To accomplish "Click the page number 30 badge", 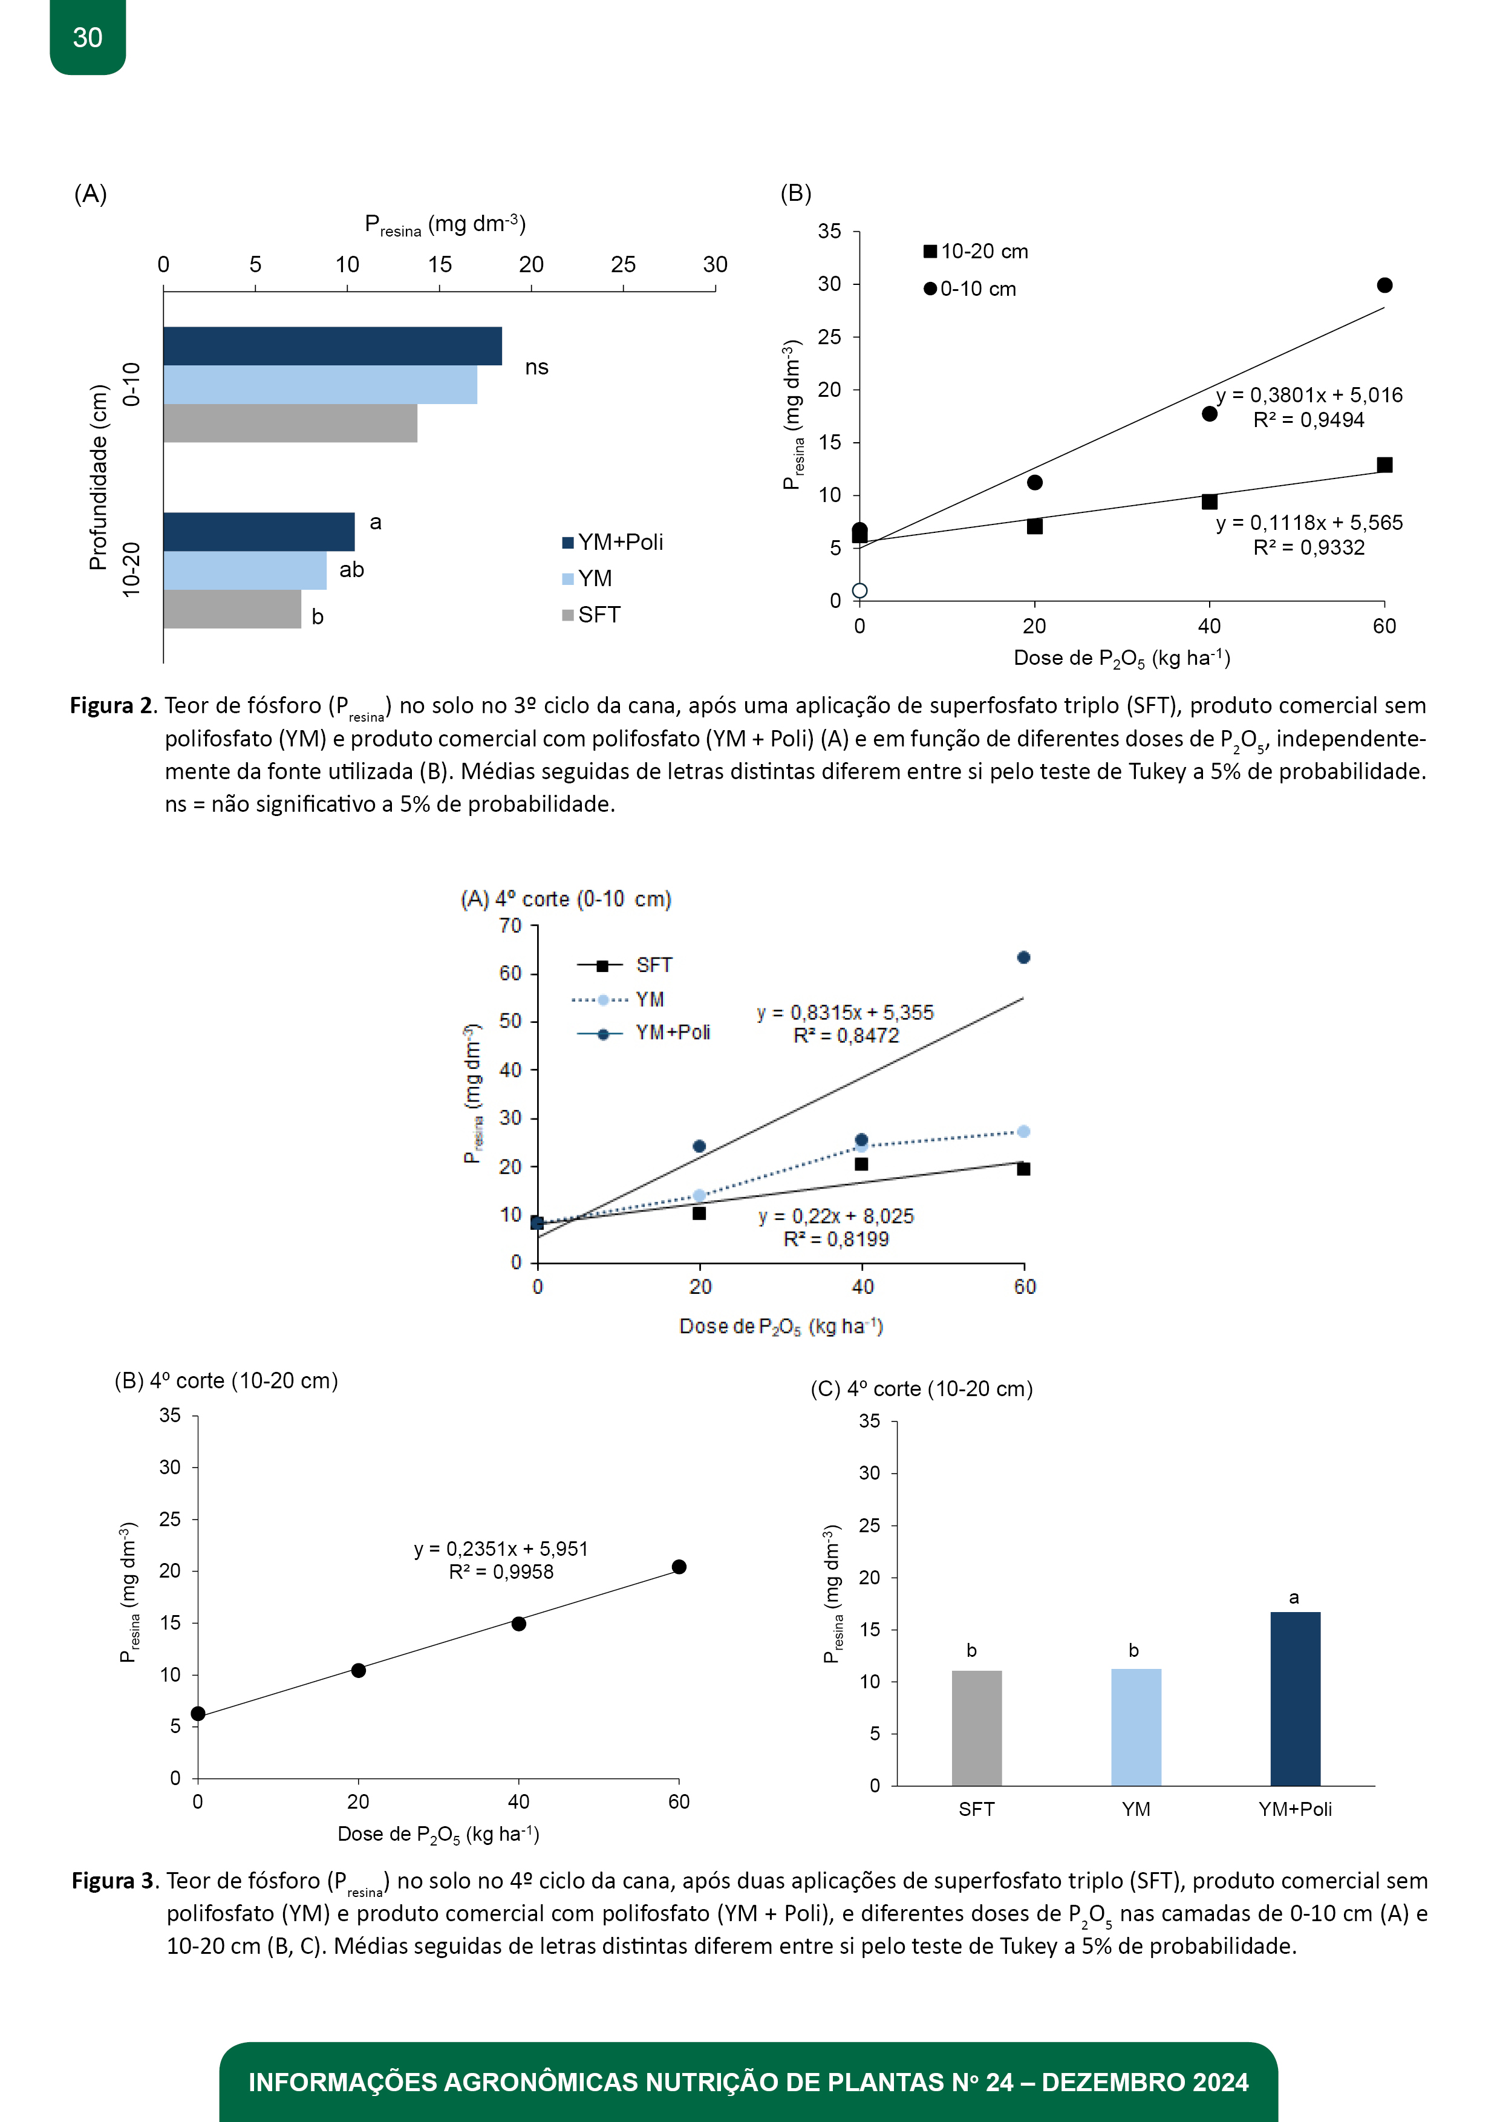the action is (x=88, y=37).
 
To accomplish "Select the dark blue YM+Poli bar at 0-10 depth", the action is (x=333, y=345).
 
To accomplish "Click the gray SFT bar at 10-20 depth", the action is (x=232, y=609).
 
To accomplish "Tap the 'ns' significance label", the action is (x=537, y=368).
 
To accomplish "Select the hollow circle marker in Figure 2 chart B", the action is (x=859, y=590).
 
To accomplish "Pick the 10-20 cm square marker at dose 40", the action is (x=1209, y=502).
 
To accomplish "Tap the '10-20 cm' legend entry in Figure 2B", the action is (x=976, y=252).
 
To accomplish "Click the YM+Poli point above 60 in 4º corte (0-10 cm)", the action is (x=1023, y=958).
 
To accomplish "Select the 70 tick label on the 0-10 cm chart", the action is (x=510, y=925).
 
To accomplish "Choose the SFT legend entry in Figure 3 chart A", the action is (x=625, y=965).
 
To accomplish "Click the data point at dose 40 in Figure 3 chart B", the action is (x=518, y=1624).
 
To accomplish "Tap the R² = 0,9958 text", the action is (x=501, y=1572).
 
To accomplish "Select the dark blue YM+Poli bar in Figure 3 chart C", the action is (x=1295, y=1699).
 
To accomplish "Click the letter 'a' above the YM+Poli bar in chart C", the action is (x=1294, y=1598).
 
